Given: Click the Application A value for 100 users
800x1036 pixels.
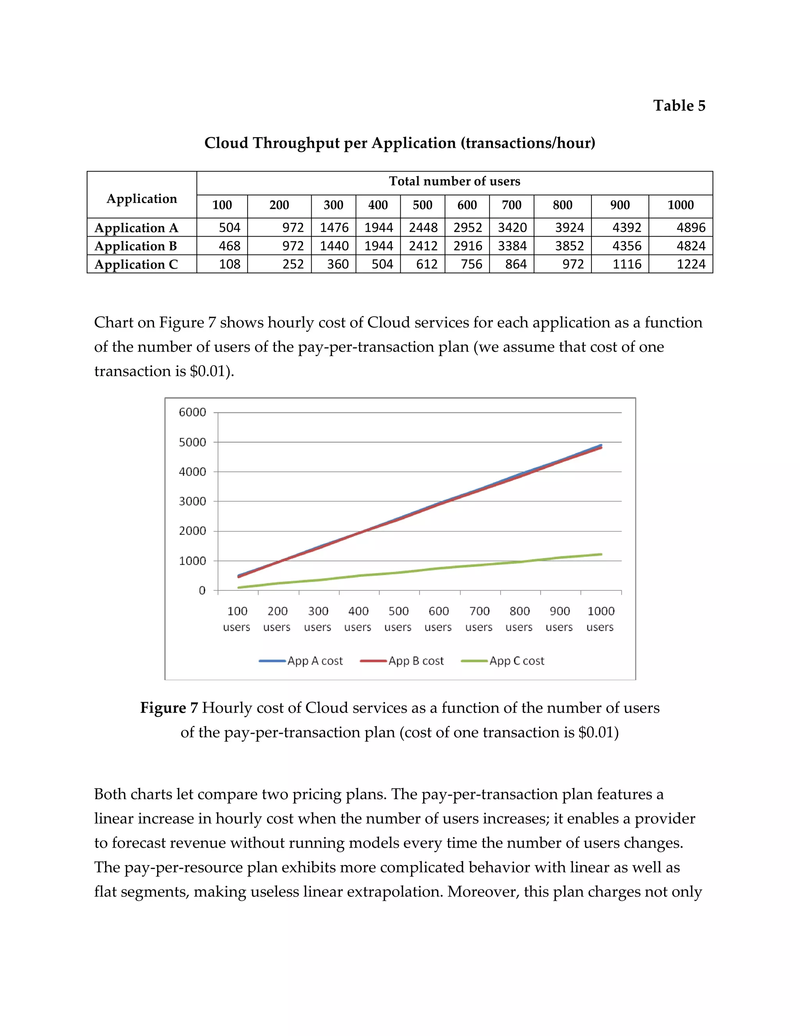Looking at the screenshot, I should click(x=229, y=228).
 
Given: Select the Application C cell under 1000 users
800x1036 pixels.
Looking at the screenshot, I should click(x=691, y=264).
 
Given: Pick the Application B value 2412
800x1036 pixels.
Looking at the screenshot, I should click(x=423, y=246).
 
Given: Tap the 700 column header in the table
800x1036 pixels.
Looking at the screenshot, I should click(x=511, y=205).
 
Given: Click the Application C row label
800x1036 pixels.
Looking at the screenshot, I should click(x=136, y=264).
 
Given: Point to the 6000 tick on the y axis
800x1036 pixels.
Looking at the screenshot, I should click(x=193, y=412).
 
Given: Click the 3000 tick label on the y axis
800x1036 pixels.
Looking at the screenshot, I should click(x=193, y=502).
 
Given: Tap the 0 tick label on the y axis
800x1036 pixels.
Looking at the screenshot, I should click(x=202, y=591).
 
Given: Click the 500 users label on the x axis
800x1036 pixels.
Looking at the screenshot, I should click(x=398, y=618).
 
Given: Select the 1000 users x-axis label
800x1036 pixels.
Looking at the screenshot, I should click(x=600, y=618).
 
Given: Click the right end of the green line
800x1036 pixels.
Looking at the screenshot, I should click(x=600, y=554).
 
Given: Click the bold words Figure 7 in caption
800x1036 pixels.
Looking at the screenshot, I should click(x=169, y=708).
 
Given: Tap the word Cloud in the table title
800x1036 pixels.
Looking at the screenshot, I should click(x=226, y=143).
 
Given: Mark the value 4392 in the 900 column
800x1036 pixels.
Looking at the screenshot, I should click(x=627, y=228).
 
